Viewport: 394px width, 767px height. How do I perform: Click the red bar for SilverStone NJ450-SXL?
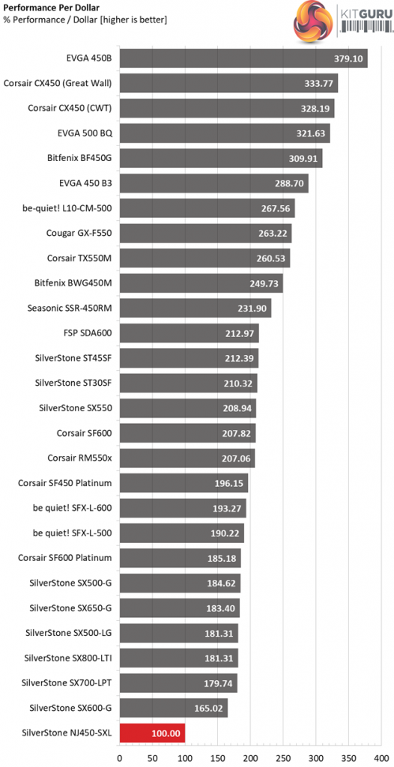[x=152, y=733]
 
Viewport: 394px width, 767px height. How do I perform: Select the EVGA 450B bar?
[x=243, y=58]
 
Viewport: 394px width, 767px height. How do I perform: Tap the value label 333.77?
[x=318, y=83]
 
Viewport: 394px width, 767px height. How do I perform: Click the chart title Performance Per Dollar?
[x=38, y=7]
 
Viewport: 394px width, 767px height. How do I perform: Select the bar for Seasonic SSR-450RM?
[x=196, y=308]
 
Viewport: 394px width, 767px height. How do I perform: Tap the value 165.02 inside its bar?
[x=208, y=708]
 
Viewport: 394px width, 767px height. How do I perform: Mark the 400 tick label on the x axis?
[x=381, y=758]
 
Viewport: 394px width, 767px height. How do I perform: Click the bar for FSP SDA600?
[x=189, y=333]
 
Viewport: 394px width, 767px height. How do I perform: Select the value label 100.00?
[x=166, y=733]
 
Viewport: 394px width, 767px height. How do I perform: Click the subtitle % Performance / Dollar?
[x=47, y=19]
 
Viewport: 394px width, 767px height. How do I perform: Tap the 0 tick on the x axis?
[x=119, y=758]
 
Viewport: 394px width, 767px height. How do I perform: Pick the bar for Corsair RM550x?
[x=187, y=458]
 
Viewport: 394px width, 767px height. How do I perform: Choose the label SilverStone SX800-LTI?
[x=67, y=658]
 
